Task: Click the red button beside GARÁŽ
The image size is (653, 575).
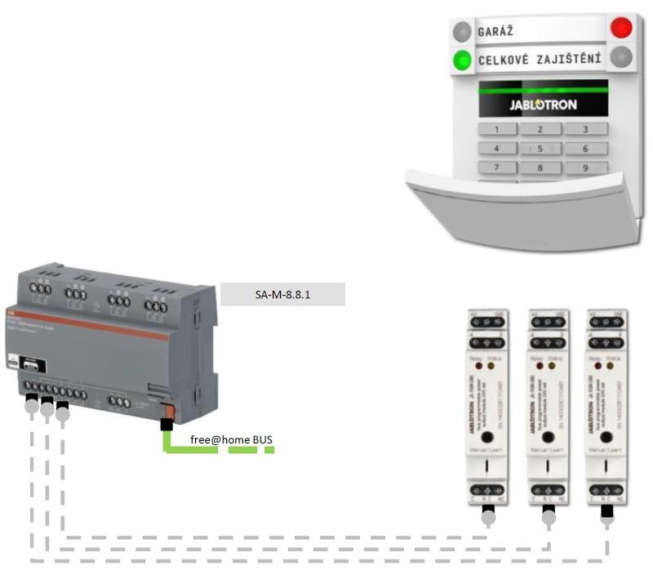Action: pos(621,28)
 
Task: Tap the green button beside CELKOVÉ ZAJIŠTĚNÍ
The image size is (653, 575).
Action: pos(463,60)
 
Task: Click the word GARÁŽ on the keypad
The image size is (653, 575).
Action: pos(495,31)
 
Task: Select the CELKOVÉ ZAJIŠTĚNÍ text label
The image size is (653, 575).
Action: pos(540,59)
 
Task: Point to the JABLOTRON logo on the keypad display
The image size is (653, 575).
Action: pos(543,105)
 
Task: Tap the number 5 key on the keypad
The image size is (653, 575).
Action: pos(539,149)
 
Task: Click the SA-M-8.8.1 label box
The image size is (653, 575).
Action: pos(282,294)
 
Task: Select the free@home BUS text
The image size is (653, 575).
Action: pos(231,439)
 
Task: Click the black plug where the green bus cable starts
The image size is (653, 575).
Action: pos(166,425)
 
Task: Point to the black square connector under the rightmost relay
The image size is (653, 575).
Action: pos(606,512)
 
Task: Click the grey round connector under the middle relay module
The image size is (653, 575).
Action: pos(549,516)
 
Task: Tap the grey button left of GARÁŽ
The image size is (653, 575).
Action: pos(462,32)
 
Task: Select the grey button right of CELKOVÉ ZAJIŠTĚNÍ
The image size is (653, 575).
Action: pos(622,56)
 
